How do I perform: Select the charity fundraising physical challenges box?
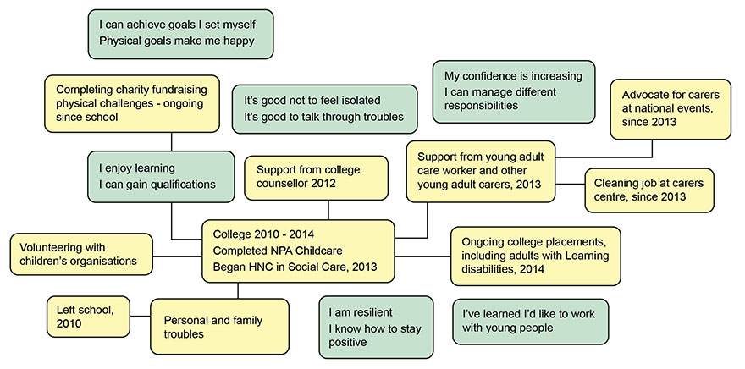(130, 102)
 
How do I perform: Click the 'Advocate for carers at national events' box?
(672, 108)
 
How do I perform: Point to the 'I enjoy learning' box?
(160, 176)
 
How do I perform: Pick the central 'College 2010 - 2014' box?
(298, 251)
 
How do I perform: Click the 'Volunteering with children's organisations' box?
(82, 253)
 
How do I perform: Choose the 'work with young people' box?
(530, 320)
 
